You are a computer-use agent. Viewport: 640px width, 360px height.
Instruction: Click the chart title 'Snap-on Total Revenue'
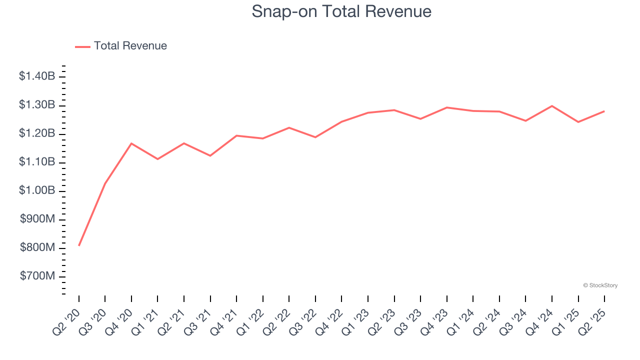pyautogui.click(x=341, y=11)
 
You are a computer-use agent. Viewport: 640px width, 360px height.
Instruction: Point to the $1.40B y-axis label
pyautogui.click(x=37, y=76)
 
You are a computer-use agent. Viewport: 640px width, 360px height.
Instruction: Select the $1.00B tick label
pyautogui.click(x=37, y=191)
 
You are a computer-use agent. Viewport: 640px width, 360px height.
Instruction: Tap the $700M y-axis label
pyautogui.click(x=37, y=276)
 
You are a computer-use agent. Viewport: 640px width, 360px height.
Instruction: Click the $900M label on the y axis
pyautogui.click(x=37, y=219)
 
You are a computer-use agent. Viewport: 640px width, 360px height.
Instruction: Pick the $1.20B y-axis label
pyautogui.click(x=37, y=134)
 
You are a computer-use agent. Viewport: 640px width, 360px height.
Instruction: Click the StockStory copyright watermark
pyautogui.click(x=600, y=285)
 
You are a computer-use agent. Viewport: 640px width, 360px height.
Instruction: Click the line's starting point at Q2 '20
pyautogui.click(x=79, y=245)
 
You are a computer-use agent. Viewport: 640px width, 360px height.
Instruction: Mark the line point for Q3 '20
pyautogui.click(x=105, y=184)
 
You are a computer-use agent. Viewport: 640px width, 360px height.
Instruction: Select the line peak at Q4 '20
pyautogui.click(x=131, y=143)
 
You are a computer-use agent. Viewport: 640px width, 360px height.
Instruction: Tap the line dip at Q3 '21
pyautogui.click(x=210, y=155)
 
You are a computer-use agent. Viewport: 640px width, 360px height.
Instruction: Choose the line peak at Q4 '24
pyautogui.click(x=552, y=106)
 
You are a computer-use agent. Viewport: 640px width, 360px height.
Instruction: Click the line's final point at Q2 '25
pyautogui.click(x=604, y=111)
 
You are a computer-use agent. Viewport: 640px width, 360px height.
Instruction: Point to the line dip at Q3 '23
pyautogui.click(x=420, y=119)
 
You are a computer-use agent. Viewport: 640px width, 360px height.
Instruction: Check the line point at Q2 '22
pyautogui.click(x=289, y=127)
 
